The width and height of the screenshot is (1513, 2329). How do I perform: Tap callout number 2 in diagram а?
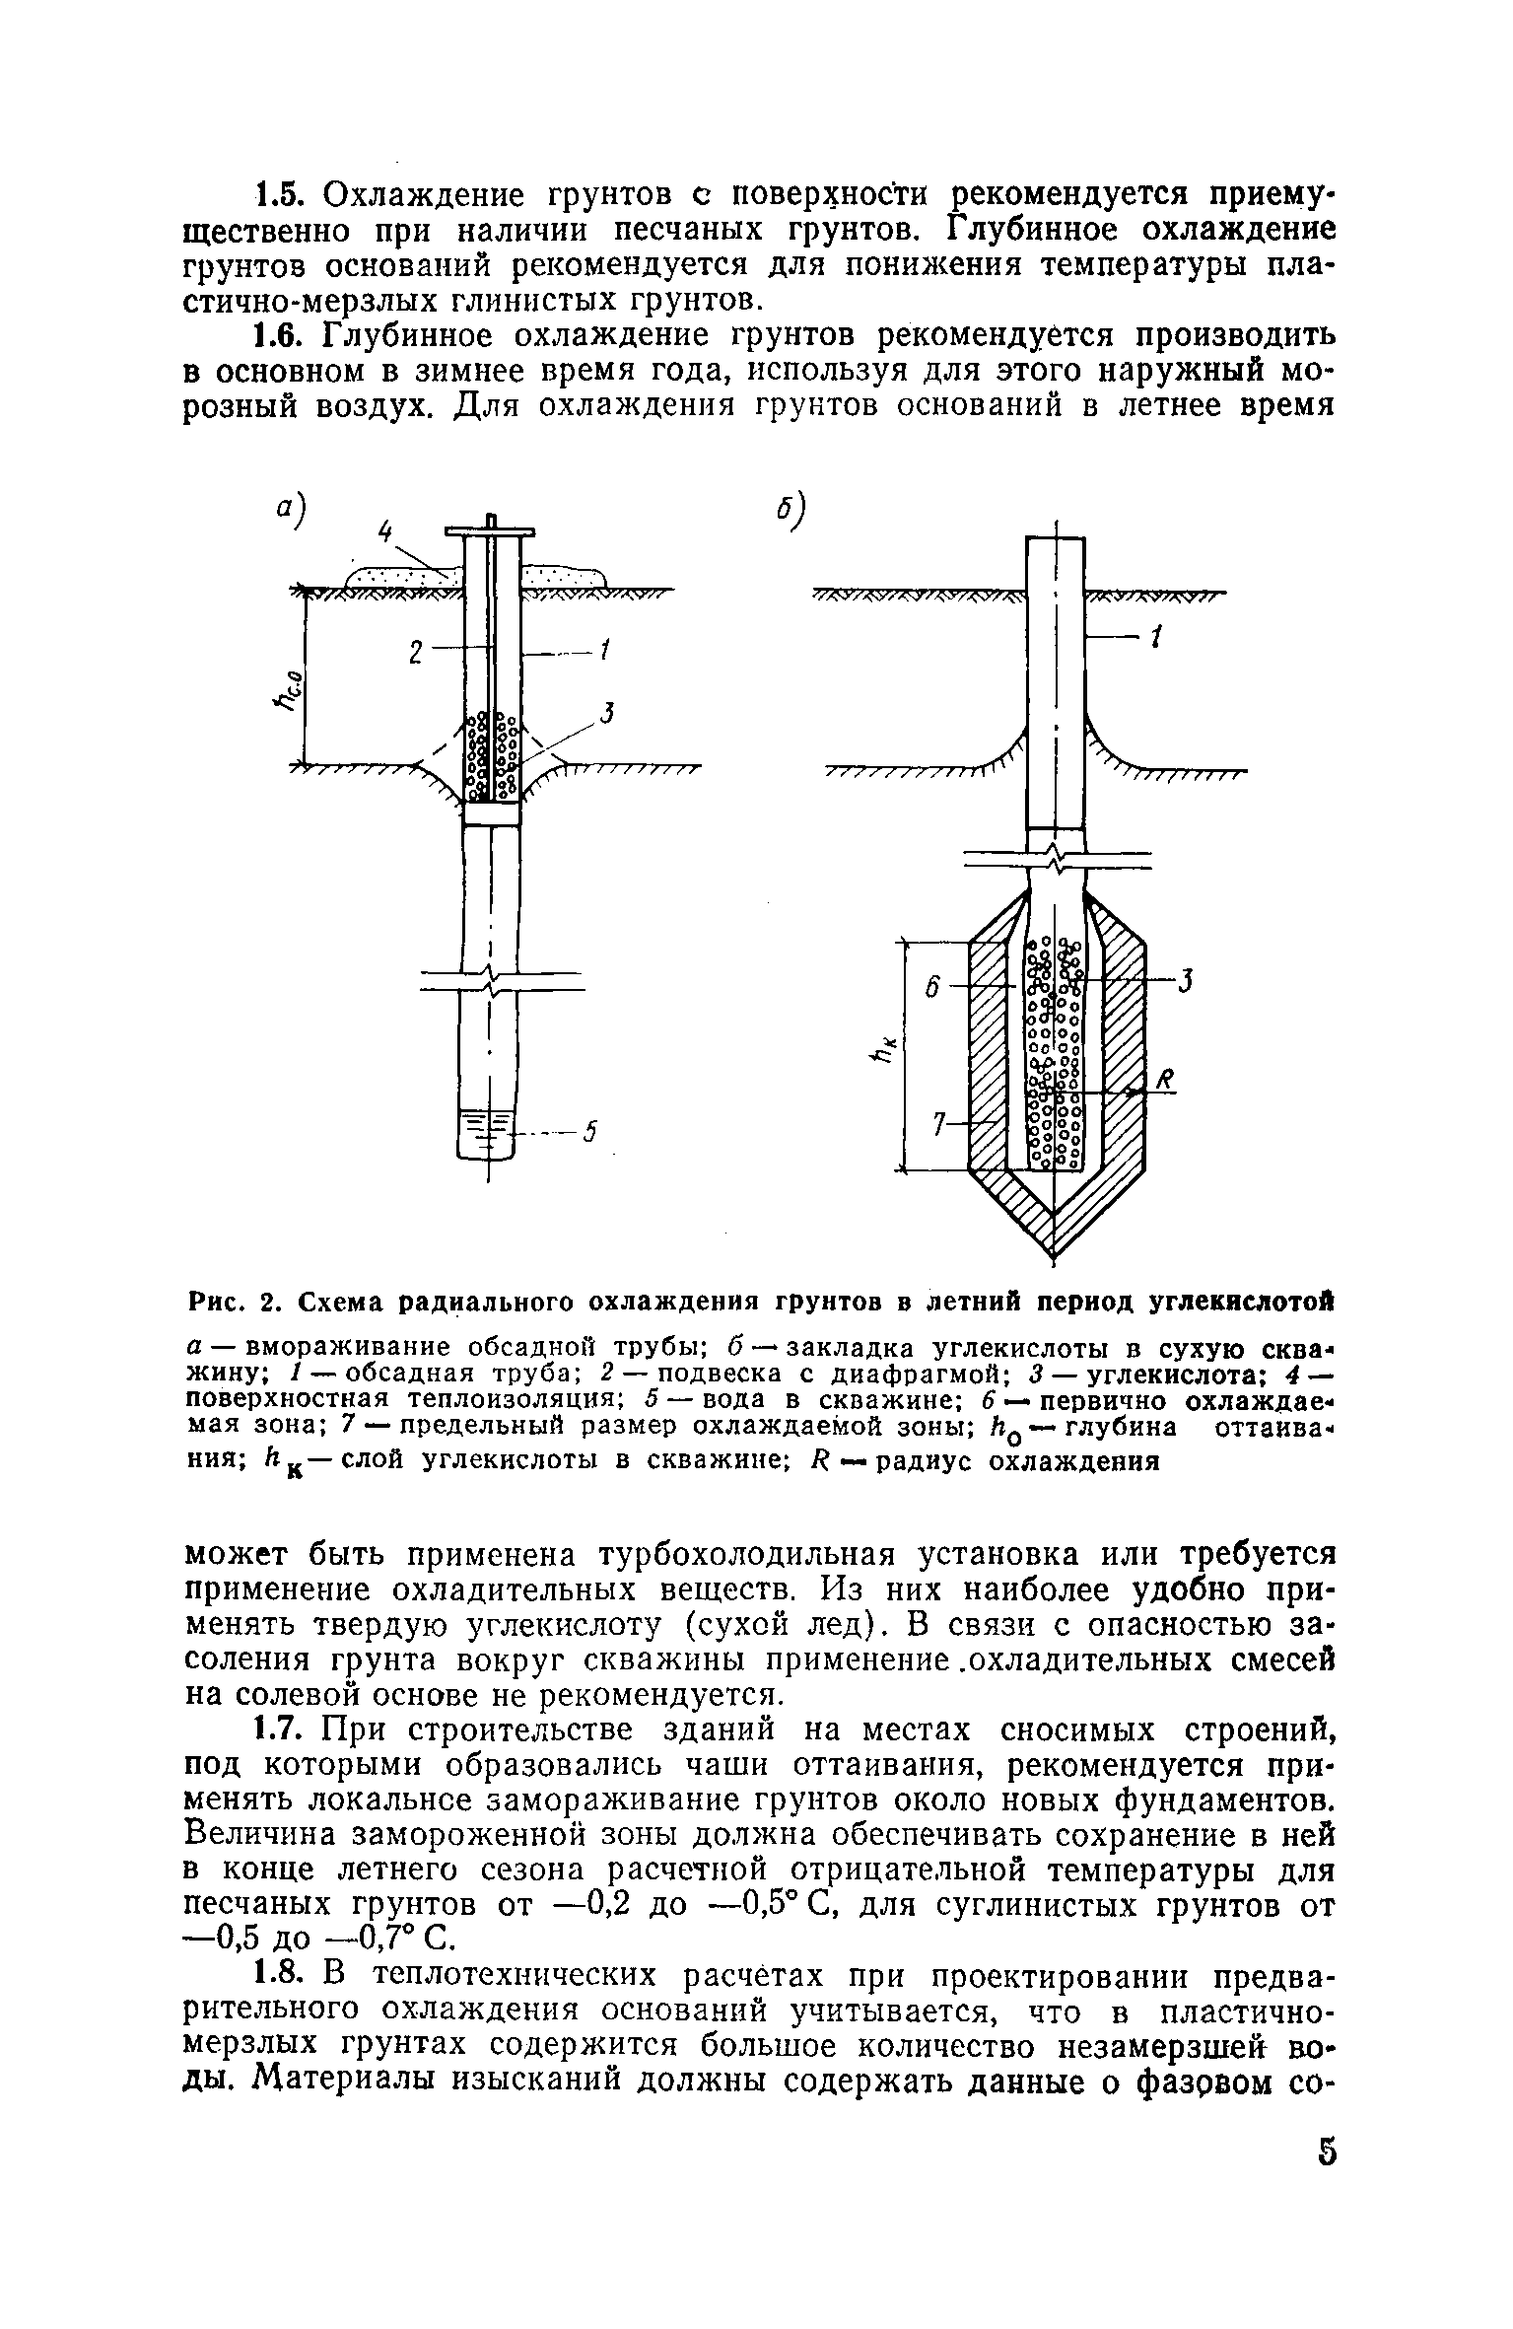click(x=415, y=653)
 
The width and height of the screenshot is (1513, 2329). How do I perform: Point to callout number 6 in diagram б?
click(x=928, y=987)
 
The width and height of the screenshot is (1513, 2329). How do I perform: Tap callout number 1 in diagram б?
click(x=1157, y=639)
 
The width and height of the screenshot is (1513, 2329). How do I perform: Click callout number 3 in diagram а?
click(x=608, y=713)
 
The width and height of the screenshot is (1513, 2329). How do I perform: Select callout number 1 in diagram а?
click(x=606, y=651)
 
